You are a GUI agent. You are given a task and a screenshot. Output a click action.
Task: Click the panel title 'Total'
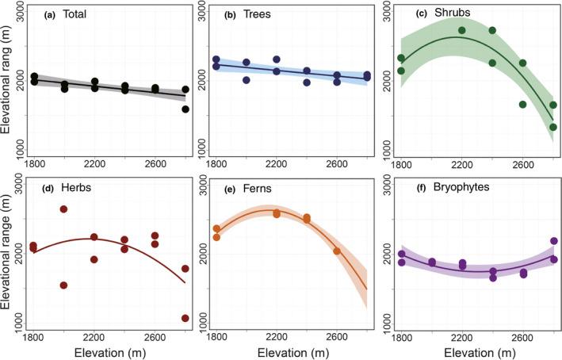75,15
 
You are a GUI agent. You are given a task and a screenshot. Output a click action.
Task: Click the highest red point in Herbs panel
63,209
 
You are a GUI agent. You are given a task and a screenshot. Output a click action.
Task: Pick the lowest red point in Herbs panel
185,318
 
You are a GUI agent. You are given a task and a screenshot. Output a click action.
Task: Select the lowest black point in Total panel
185,109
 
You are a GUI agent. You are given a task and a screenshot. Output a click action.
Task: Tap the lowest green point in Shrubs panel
553,127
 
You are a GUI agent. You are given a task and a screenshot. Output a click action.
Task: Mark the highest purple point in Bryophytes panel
554,241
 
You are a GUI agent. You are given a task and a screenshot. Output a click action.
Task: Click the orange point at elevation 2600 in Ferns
337,251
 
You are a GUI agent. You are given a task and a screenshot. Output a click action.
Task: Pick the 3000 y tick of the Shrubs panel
386,13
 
